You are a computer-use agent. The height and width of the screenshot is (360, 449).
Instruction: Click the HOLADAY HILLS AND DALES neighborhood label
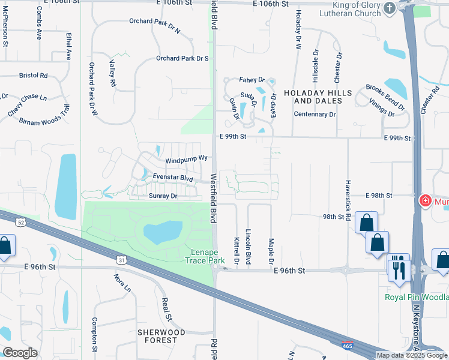pyautogui.click(x=313, y=97)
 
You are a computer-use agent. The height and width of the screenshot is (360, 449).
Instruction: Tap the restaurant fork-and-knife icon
pyautogui.click(x=399, y=268)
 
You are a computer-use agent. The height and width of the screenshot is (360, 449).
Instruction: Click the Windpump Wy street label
pyautogui.click(x=186, y=161)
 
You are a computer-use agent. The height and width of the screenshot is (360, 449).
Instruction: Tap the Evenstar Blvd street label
pyautogui.click(x=173, y=178)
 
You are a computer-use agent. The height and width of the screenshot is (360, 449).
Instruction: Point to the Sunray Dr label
pyautogui.click(x=163, y=196)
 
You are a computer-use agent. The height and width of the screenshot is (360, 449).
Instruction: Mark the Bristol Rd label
pyautogui.click(x=33, y=76)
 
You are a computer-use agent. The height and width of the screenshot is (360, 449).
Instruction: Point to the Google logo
pyautogui.click(x=19, y=353)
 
